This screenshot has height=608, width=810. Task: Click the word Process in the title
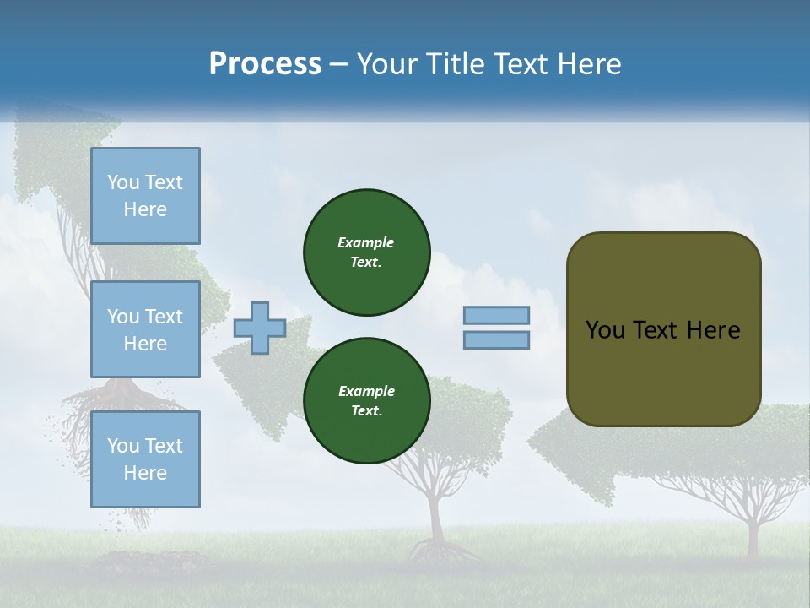point(265,64)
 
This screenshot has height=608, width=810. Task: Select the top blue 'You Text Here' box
point(145,196)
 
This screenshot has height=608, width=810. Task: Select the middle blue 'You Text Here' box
point(145,329)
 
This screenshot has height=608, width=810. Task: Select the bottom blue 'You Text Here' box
point(145,459)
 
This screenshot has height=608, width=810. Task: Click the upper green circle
point(367,252)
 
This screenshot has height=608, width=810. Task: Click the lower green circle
point(367,401)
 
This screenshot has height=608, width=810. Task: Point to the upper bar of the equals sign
point(497,315)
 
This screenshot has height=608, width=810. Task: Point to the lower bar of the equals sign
point(497,339)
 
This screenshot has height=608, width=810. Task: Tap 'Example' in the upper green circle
point(366,242)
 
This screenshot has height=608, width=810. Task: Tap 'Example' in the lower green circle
point(366,391)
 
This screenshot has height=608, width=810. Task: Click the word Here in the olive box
point(713,330)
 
